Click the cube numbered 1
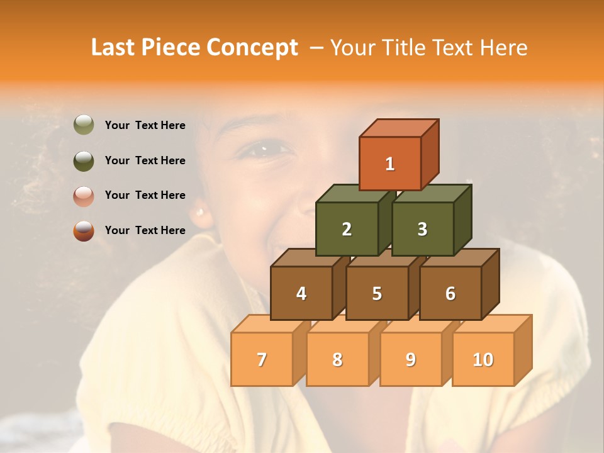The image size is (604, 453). pyautogui.click(x=389, y=164)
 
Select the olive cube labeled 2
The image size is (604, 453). pyautogui.click(x=347, y=230)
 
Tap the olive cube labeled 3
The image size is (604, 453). pyautogui.click(x=422, y=230)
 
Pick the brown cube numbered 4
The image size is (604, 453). pyautogui.click(x=301, y=293)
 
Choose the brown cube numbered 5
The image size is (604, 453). pyautogui.click(x=377, y=293)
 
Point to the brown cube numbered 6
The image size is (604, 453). pyautogui.click(x=450, y=293)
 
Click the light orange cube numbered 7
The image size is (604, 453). pyautogui.click(x=262, y=360)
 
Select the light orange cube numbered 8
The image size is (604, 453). pyautogui.click(x=337, y=360)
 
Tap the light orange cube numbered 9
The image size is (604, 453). pyautogui.click(x=411, y=360)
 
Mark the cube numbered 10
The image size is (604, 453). pyautogui.click(x=483, y=360)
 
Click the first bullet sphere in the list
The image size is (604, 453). pyautogui.click(x=84, y=125)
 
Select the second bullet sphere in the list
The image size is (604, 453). pyautogui.click(x=84, y=160)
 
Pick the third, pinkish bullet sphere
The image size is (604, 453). pyautogui.click(x=84, y=196)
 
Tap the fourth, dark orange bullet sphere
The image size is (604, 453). pyautogui.click(x=84, y=231)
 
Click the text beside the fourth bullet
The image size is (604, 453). pyautogui.click(x=145, y=230)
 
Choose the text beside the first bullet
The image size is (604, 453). pyautogui.click(x=145, y=125)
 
